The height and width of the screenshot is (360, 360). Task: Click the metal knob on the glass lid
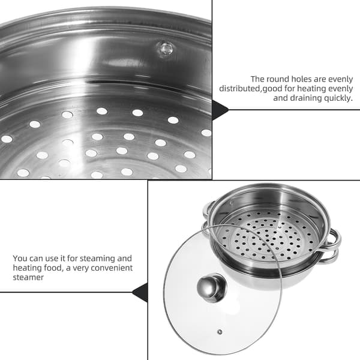[x=212, y=288]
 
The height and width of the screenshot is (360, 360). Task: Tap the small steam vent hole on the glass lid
[x=220, y=332]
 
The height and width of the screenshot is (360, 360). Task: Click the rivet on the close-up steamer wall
[x=166, y=49]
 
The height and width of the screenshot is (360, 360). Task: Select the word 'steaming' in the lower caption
[x=97, y=259]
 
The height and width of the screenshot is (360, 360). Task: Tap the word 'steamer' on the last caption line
[x=28, y=278]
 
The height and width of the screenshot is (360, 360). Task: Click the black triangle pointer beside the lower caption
[x=140, y=293]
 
